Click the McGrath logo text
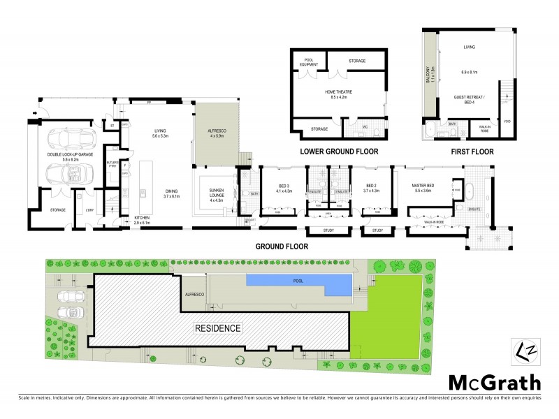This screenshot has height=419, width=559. point(494,382)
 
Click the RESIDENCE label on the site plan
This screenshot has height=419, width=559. point(217,328)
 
